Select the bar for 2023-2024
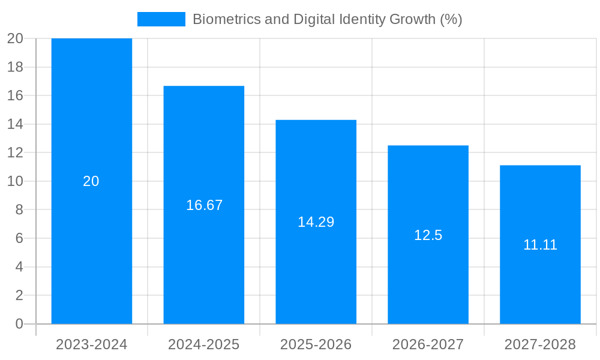pyautogui.click(x=91, y=120)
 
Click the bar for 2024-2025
pyautogui.click(x=203, y=150)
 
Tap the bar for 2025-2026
pyautogui.click(x=316, y=168)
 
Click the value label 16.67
pyautogui.click(x=204, y=205)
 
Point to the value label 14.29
pyautogui.click(x=316, y=222)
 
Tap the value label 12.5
pyautogui.click(x=428, y=235)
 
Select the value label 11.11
pyautogui.click(x=540, y=245)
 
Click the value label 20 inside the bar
pyautogui.click(x=91, y=181)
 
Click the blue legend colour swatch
pyautogui.click(x=161, y=19)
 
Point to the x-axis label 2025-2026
pyautogui.click(x=316, y=344)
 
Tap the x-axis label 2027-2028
pyautogui.click(x=540, y=344)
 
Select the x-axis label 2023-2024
pyautogui.click(x=91, y=344)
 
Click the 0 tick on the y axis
pyautogui.click(x=19, y=324)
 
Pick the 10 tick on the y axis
pyautogui.click(x=15, y=181)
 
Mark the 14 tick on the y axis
pyautogui.click(x=15, y=124)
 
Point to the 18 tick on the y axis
pyautogui.click(x=15, y=67)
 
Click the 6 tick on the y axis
pyautogui.click(x=19, y=238)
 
